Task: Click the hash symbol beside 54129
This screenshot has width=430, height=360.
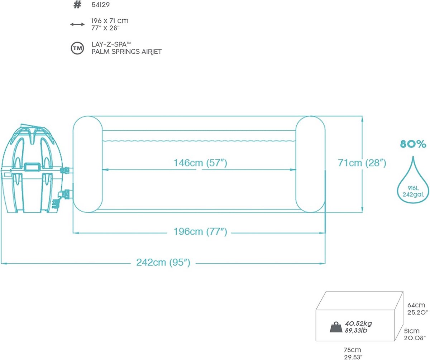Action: [77, 5]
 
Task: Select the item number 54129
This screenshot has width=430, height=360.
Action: [100, 5]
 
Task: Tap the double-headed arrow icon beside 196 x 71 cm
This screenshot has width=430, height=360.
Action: [77, 24]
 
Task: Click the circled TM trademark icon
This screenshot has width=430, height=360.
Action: [77, 48]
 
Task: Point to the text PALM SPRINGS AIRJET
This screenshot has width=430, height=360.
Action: [126, 52]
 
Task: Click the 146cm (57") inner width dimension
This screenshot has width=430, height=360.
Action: [200, 163]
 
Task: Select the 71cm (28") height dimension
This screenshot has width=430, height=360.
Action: [362, 163]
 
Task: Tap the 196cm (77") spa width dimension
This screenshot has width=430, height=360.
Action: [200, 231]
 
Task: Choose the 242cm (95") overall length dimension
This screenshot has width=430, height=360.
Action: [163, 262]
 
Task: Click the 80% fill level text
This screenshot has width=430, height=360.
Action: [413, 144]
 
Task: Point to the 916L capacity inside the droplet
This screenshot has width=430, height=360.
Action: [413, 188]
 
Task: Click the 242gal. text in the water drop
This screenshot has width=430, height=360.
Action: [413, 195]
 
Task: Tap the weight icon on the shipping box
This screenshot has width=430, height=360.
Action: [336, 327]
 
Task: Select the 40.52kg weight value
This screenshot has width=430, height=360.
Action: [359, 323]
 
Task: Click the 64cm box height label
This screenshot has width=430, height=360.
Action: [416, 305]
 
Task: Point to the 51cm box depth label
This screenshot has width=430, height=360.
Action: [412, 331]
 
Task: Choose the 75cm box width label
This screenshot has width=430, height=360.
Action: [352, 350]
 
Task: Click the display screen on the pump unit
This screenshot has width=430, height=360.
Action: [32, 167]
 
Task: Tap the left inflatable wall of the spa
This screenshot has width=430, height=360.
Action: [88, 164]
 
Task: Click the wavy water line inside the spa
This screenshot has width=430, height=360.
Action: [199, 141]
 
